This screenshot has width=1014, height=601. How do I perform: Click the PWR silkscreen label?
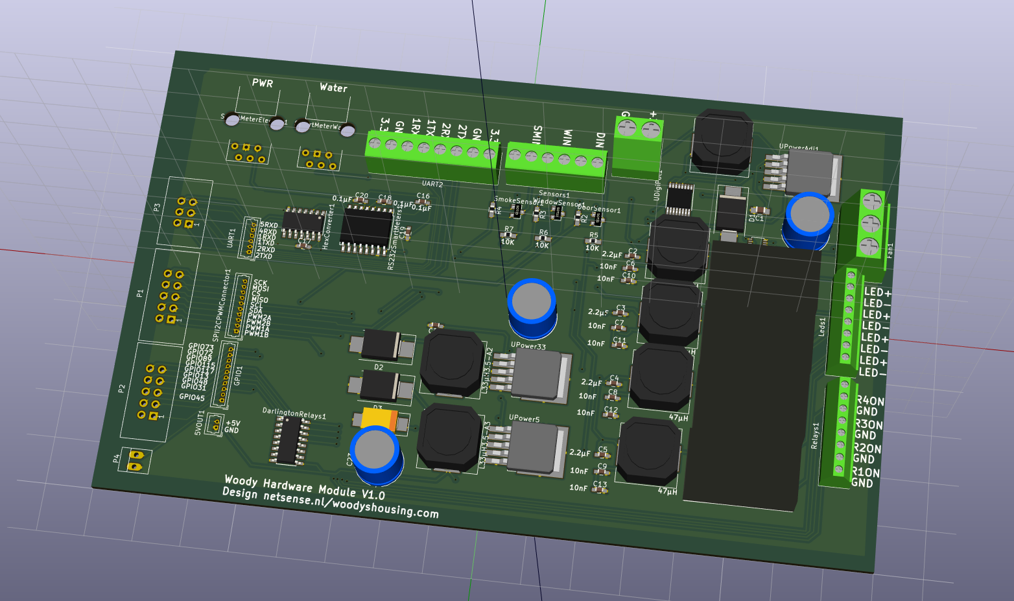(x=263, y=83)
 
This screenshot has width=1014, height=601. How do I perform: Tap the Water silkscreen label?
(x=333, y=88)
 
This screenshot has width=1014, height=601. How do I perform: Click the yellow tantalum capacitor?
(x=379, y=418)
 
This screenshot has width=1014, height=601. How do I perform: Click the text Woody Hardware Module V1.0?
(x=304, y=487)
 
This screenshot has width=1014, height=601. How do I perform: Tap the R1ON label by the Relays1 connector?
(x=866, y=472)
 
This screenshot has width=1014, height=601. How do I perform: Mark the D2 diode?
(x=380, y=346)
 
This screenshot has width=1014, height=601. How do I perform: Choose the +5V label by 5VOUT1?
(x=233, y=423)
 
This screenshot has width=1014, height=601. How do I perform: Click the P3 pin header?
(x=185, y=212)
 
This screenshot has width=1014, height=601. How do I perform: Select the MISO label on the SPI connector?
(x=259, y=300)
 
